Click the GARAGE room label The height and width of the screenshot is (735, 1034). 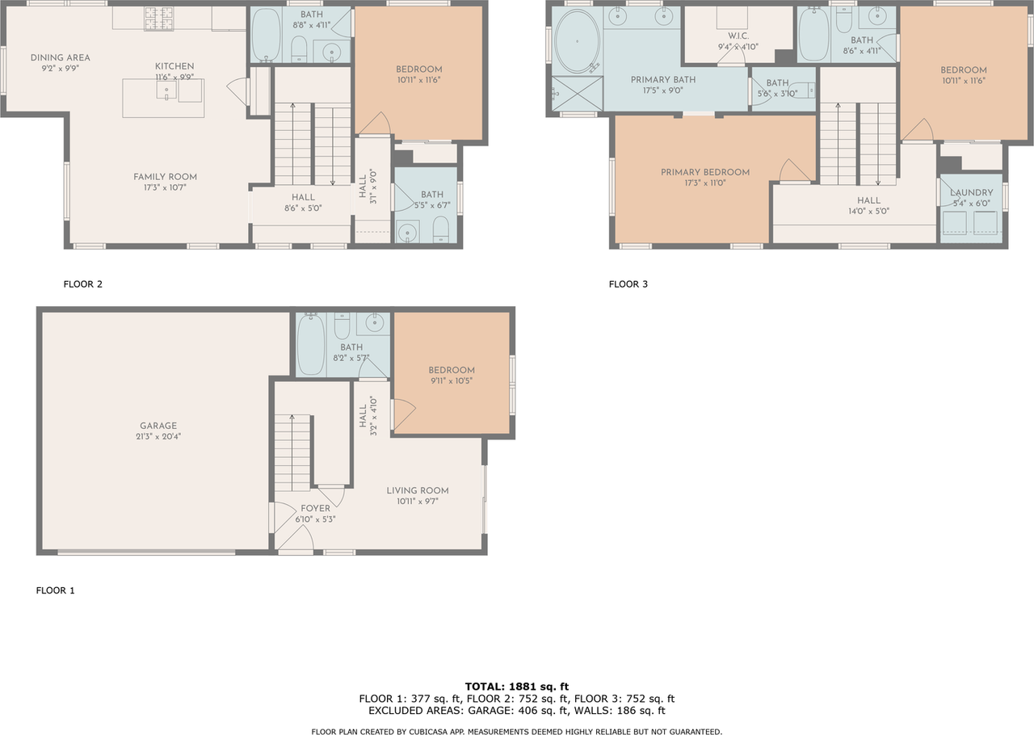[158, 426]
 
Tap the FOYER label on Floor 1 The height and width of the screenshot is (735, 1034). [315, 509]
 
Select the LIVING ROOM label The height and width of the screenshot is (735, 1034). [417, 490]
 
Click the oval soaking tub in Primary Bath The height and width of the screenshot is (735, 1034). [576, 41]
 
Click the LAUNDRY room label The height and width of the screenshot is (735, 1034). [971, 193]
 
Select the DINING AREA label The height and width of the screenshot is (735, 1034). [61, 57]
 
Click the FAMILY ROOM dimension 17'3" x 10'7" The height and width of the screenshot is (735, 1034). [165, 187]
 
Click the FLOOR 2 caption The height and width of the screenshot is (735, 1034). [82, 284]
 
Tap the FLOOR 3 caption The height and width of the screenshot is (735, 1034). [628, 284]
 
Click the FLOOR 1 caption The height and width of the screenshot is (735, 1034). [55, 590]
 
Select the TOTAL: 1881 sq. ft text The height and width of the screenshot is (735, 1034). [516, 687]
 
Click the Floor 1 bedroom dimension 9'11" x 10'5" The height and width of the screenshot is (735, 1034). [451, 380]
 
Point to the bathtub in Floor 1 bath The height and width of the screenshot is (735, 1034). [310, 345]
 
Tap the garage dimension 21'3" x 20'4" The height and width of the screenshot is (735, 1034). [158, 436]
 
